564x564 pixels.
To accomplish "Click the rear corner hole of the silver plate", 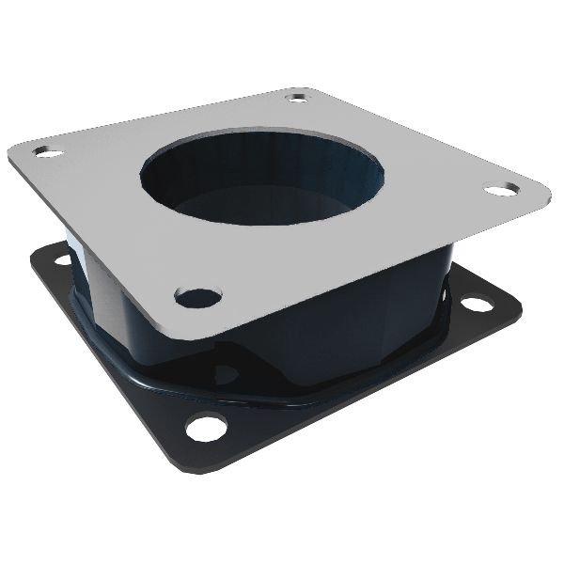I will [x=300, y=97].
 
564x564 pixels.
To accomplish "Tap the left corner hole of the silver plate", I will [x=45, y=150].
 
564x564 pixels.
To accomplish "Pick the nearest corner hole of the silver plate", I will [x=198, y=298].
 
